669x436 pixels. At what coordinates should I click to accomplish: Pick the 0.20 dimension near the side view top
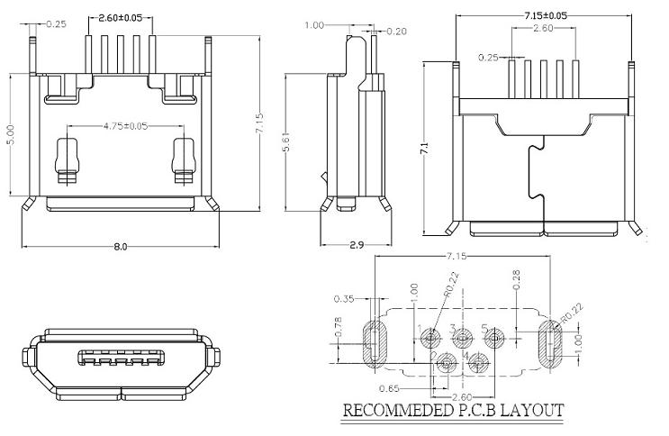pos(395,31)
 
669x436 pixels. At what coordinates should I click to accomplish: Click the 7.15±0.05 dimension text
pos(545,15)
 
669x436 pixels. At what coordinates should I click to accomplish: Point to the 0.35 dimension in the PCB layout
pos(343,298)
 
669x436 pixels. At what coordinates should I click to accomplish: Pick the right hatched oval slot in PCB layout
pos(547,342)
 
